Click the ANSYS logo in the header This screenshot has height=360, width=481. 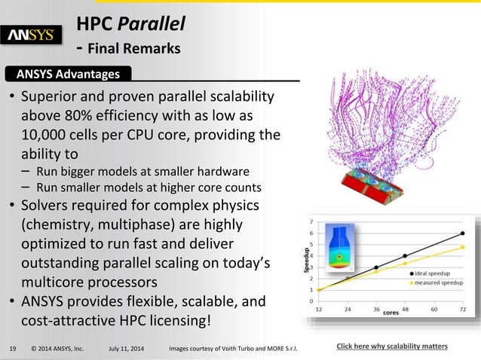[x=35, y=35]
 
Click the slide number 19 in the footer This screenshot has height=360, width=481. [x=13, y=347]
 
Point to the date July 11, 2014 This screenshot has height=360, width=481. [x=128, y=347]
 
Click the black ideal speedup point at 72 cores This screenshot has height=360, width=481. [x=462, y=233]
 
